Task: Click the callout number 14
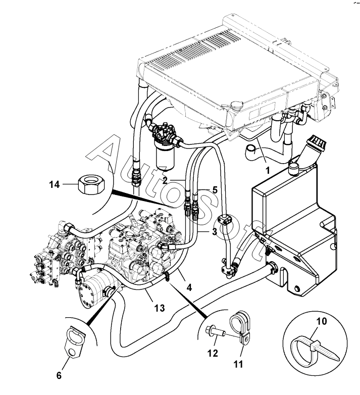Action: pyautogui.click(x=55, y=185)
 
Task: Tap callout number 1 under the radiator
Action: pyautogui.click(x=268, y=171)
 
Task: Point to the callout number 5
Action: pyautogui.click(x=215, y=190)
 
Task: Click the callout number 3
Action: pyautogui.click(x=215, y=231)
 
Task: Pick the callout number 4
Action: pyautogui.click(x=189, y=287)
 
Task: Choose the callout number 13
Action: pyautogui.click(x=160, y=308)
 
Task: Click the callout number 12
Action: pyautogui.click(x=213, y=353)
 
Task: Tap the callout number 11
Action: pyautogui.click(x=238, y=364)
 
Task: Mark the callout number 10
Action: pyautogui.click(x=321, y=321)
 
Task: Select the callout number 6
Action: pyautogui.click(x=59, y=376)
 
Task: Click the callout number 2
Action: pyautogui.click(x=165, y=180)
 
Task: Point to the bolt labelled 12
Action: pyautogui.click(x=215, y=331)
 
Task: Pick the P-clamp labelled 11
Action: pyautogui.click(x=240, y=329)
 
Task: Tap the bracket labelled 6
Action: pyautogui.click(x=75, y=342)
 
